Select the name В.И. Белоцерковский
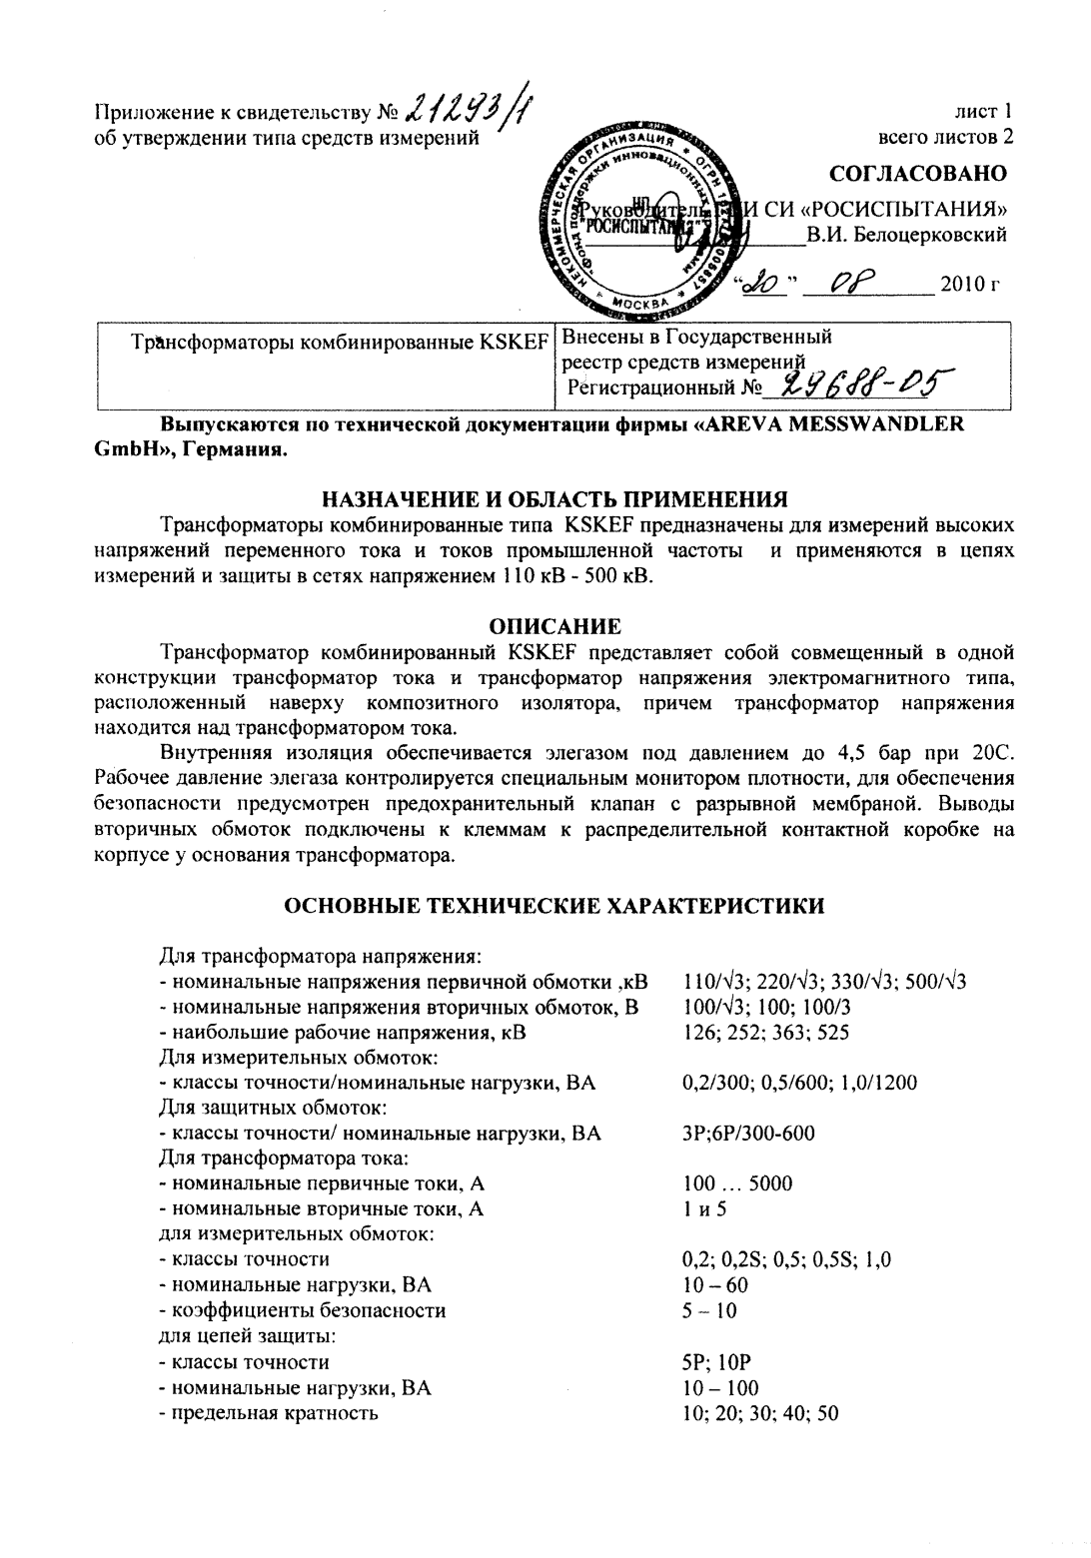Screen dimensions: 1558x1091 [x=906, y=236]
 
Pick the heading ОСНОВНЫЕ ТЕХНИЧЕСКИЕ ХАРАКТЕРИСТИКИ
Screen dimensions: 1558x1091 [x=554, y=905]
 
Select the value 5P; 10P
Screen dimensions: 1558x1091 [x=716, y=1361]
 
